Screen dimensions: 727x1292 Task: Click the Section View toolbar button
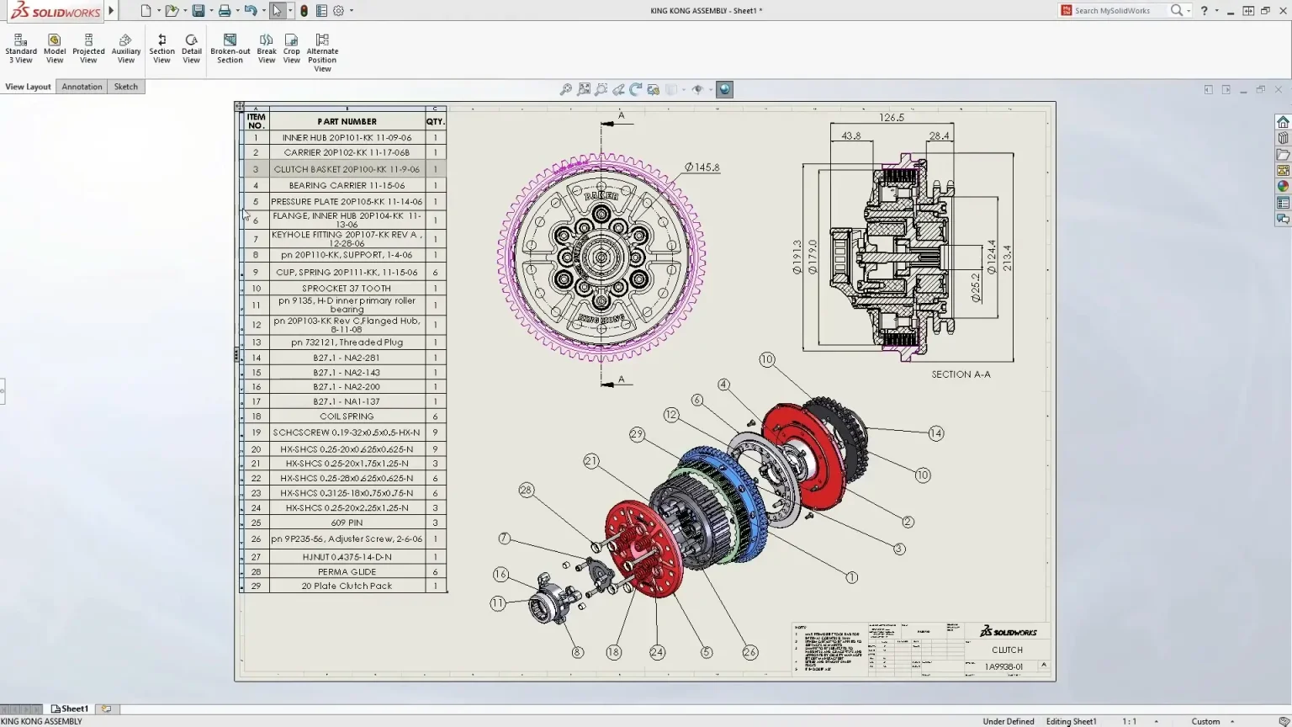coord(161,49)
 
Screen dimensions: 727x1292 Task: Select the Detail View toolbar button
coord(191,49)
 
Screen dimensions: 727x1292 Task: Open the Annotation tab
coord(82,87)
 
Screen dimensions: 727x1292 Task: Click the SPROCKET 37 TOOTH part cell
coord(347,289)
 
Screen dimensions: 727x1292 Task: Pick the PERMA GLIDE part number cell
coord(347,572)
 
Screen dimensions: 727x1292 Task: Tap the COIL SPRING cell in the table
coord(347,417)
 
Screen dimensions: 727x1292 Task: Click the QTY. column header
coord(435,121)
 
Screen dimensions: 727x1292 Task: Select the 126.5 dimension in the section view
coord(892,118)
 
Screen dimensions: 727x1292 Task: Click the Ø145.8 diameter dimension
coord(702,167)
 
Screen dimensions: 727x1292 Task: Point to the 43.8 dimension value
coord(850,135)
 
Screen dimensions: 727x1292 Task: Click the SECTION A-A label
coord(961,374)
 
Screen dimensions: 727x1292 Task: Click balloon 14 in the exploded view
coord(936,433)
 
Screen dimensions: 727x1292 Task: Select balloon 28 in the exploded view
coord(527,490)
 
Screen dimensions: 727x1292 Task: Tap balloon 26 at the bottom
coord(749,652)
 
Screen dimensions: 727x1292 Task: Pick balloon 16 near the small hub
coord(500,575)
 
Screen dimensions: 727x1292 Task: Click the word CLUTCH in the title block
coord(1007,650)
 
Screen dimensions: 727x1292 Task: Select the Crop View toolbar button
coord(291,49)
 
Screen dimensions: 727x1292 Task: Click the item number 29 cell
coord(256,586)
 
